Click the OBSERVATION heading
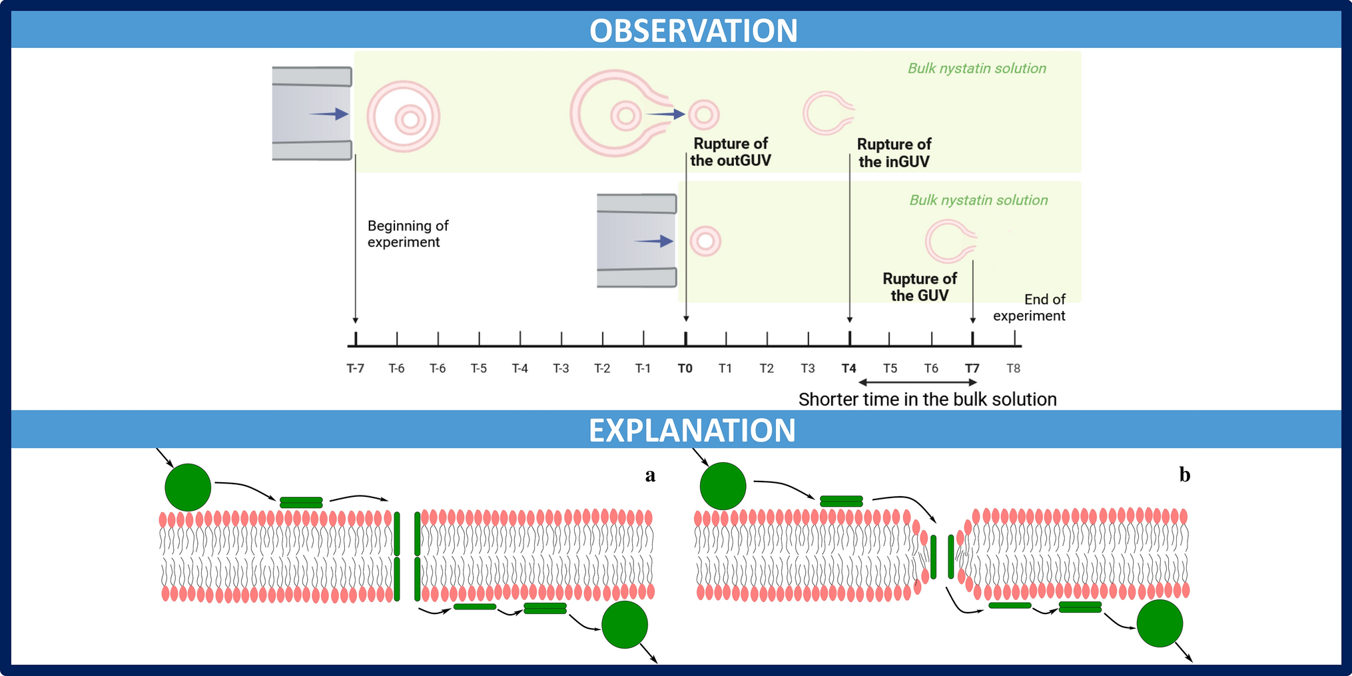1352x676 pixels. point(693,31)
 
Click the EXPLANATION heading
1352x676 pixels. point(692,430)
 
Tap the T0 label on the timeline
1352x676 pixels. point(685,368)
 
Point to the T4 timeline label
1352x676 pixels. point(848,368)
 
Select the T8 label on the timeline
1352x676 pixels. point(1013,368)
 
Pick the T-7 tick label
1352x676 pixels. point(356,368)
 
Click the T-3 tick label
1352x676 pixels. point(561,368)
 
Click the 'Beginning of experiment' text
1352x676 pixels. point(408,234)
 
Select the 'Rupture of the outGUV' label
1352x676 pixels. point(731,152)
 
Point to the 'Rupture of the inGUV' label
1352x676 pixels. point(894,153)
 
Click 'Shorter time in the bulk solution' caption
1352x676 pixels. point(927,399)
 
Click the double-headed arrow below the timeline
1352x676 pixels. point(918,382)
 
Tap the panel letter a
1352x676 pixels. point(650,475)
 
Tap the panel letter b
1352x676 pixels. point(1184,475)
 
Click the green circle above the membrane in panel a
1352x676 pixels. point(188,488)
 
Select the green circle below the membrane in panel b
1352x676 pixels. point(1160,623)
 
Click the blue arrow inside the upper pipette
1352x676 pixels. point(329,114)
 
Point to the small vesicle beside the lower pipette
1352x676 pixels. point(705,241)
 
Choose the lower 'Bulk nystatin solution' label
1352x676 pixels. point(978,200)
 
